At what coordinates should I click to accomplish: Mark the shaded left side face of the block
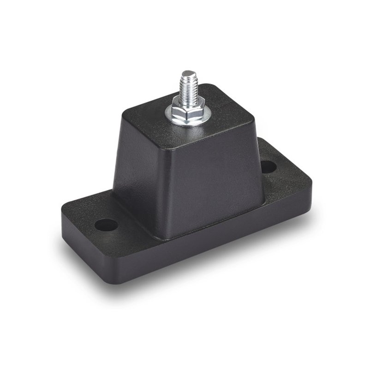click(x=134, y=166)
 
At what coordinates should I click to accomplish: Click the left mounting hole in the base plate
click(x=107, y=226)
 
